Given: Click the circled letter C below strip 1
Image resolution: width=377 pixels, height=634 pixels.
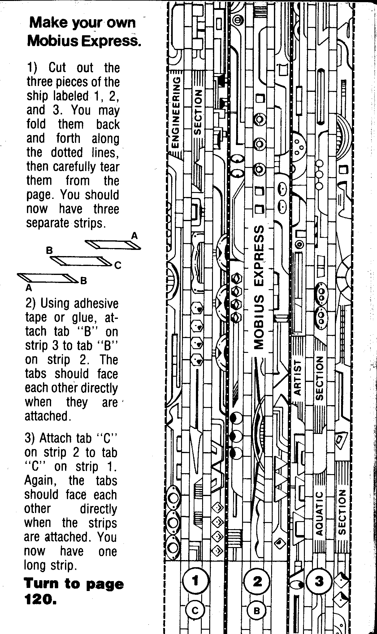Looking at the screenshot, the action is pos(195,610).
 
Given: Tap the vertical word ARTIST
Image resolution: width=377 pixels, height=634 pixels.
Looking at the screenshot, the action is pos(297,377).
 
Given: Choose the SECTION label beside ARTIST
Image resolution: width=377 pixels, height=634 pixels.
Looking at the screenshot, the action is pos(319,378).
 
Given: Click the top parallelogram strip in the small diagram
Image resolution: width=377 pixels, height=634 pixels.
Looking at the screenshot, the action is pos(113,245).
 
